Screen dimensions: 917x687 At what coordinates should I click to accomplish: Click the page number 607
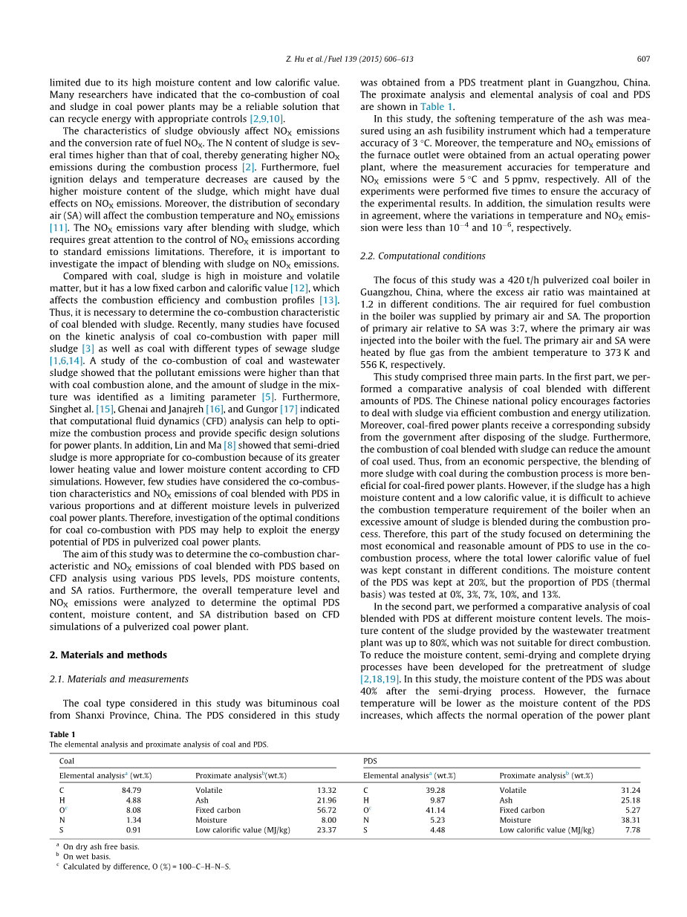point(643,59)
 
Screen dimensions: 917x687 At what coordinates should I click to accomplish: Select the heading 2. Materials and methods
point(108,655)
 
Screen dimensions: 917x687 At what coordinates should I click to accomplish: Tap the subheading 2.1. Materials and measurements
point(119,678)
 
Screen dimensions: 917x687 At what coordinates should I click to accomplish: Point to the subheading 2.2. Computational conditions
point(423,256)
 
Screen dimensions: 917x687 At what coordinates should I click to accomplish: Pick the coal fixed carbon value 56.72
point(326,810)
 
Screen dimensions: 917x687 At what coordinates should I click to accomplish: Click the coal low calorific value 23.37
point(326,829)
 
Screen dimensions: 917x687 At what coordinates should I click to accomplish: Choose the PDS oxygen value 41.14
point(436,810)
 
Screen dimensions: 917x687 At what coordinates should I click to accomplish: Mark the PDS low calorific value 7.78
point(632,829)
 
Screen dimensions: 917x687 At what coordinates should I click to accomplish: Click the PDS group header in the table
point(370,761)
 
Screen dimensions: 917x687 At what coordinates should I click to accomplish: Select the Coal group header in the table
point(67,761)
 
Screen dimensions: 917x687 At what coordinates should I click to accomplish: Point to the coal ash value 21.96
point(326,800)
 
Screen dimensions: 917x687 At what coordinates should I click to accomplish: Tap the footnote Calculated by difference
point(146,866)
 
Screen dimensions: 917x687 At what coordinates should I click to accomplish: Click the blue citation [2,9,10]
point(265,118)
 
